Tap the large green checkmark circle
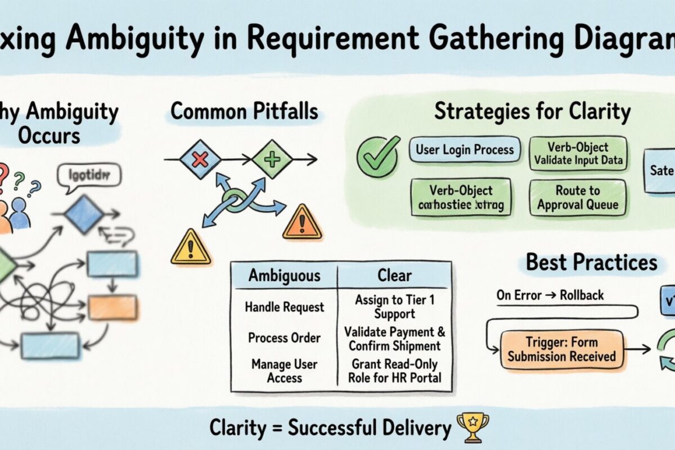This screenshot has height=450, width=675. point(379,153)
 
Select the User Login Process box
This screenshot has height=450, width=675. point(465,150)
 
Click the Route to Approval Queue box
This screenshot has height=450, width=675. point(577,197)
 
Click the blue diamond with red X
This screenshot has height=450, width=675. point(200,160)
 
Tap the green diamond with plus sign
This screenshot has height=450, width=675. point(272,160)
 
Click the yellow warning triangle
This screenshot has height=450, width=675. point(191,248)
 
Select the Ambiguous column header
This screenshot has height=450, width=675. point(285,276)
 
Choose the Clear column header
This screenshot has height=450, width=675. point(394,276)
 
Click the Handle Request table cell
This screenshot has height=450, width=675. point(285,307)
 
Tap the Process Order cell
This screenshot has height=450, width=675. point(285,337)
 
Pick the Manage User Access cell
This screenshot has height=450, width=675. point(285,371)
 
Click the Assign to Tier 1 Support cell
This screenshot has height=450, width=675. point(394,307)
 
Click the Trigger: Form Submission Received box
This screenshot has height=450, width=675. point(562,349)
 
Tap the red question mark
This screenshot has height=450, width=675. point(3,172)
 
